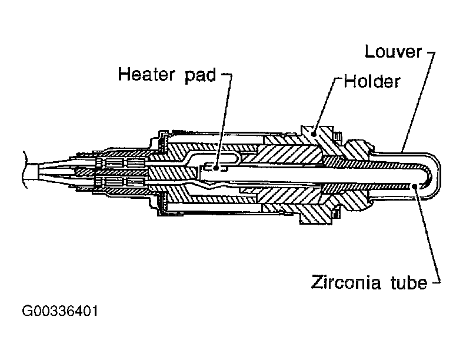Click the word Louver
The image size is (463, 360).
coord(393,52)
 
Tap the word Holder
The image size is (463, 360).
coord(372,81)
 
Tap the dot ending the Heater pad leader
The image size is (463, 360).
coord(217,167)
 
